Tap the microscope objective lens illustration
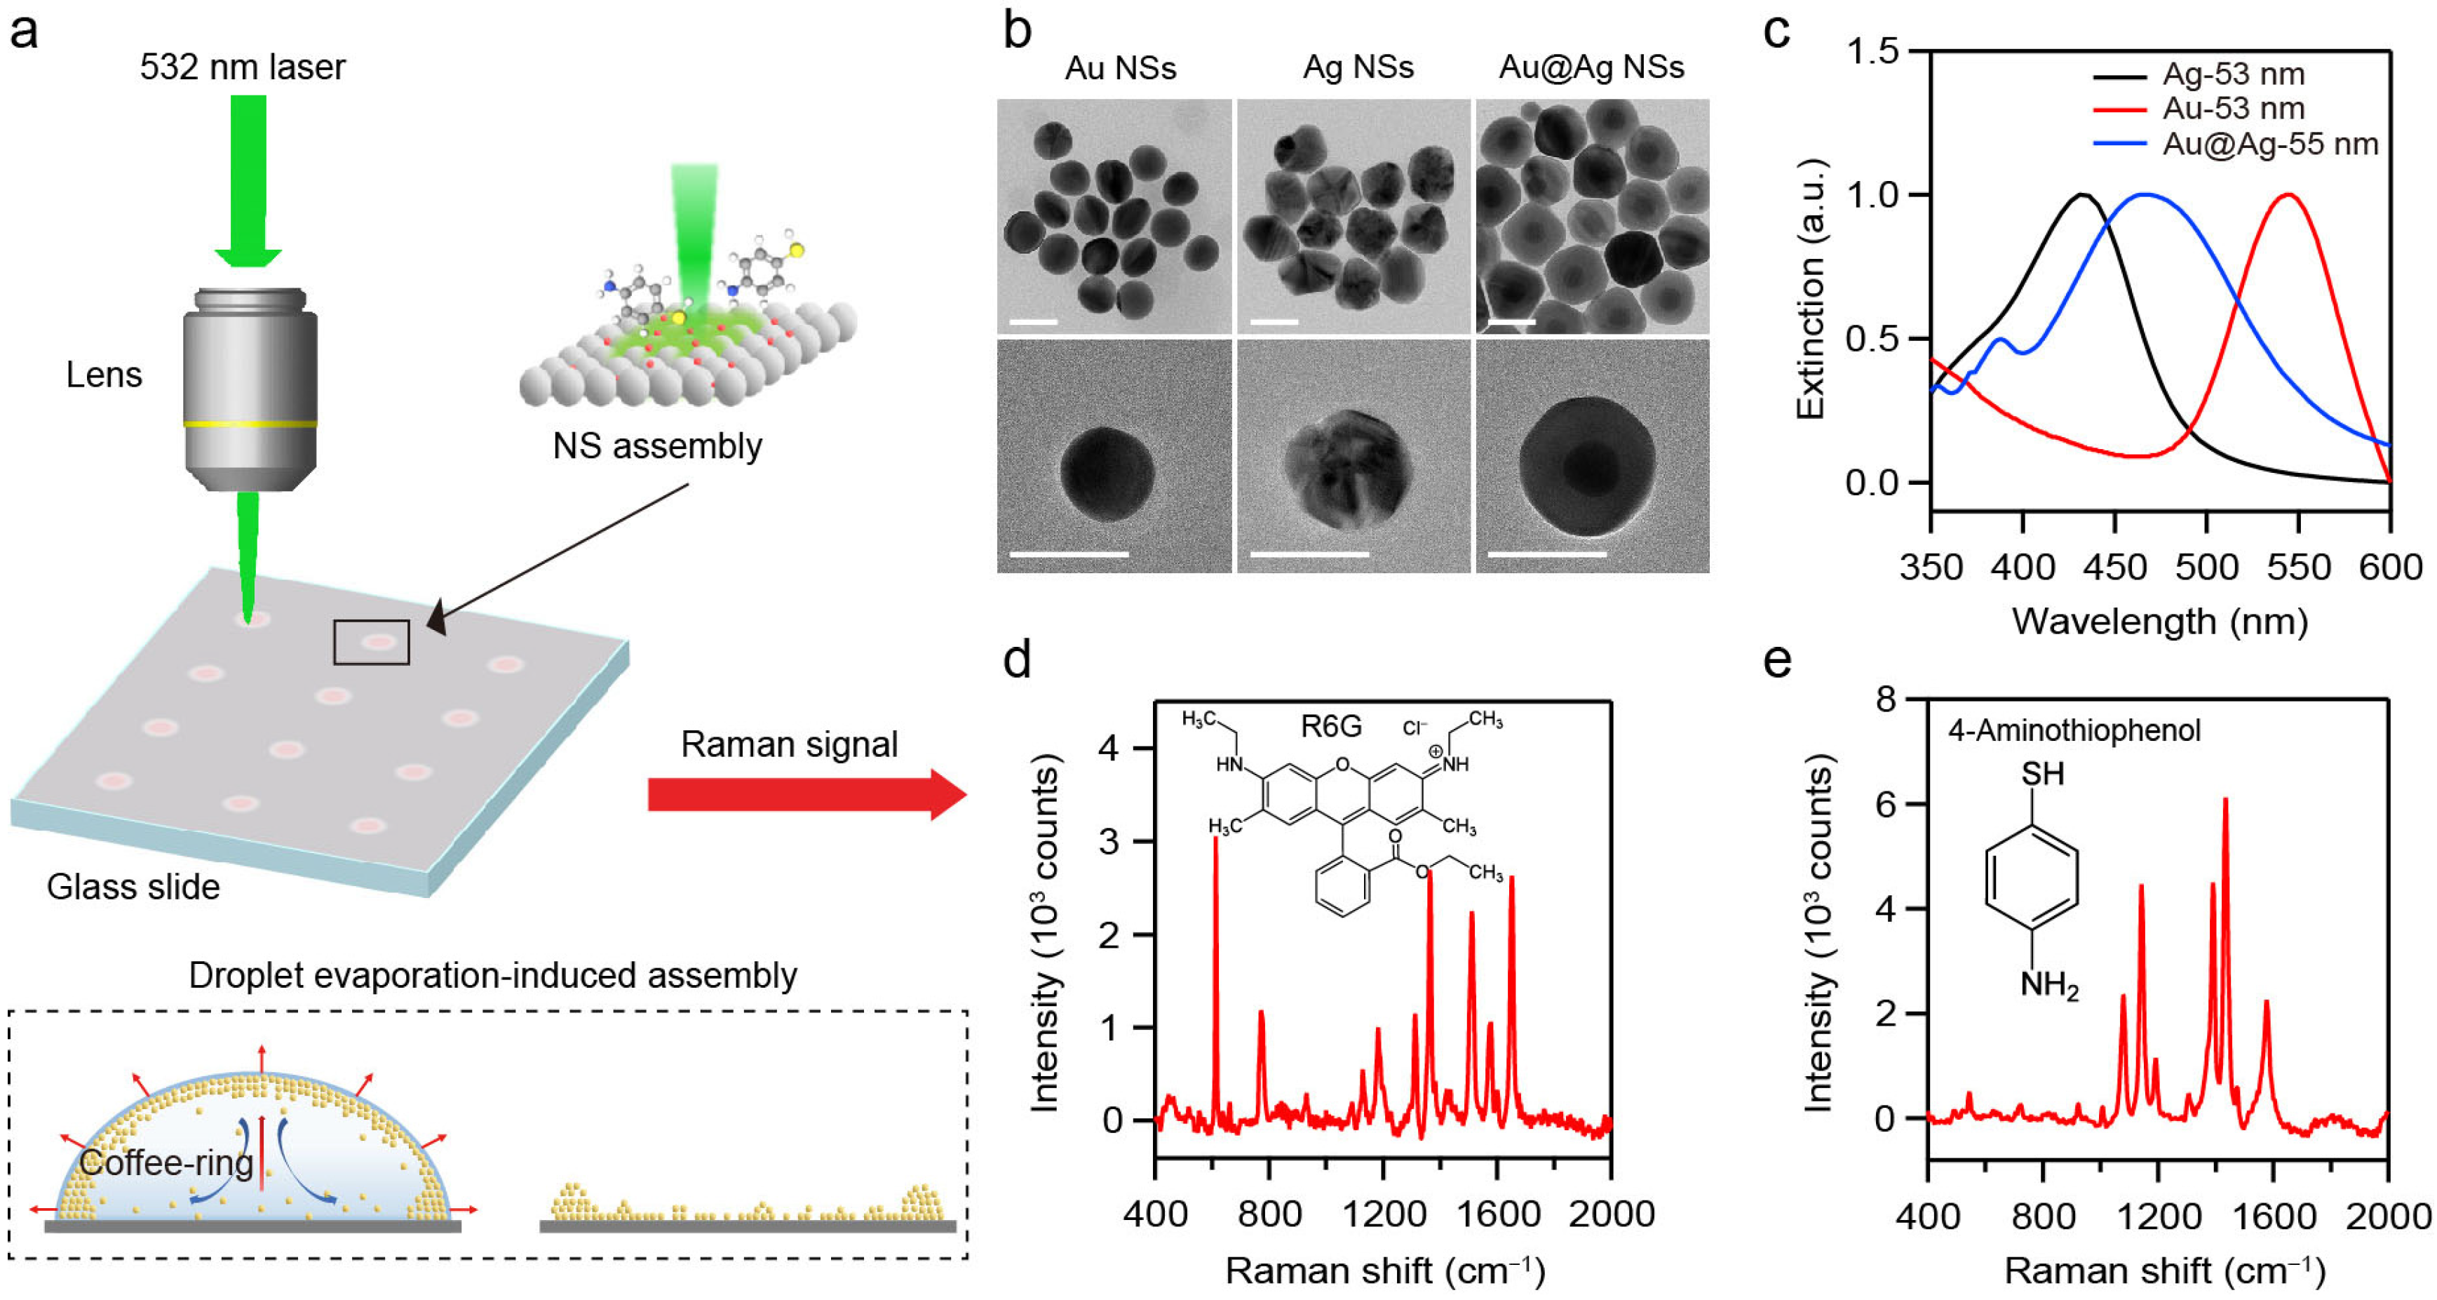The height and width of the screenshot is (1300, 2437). coord(250,388)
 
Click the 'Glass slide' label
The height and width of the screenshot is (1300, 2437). coord(133,887)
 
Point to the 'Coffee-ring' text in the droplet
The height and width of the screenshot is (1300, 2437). coord(166,1162)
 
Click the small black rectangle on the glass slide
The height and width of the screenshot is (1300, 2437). coord(371,643)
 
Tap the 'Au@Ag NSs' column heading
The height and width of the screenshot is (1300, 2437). coord(1591,67)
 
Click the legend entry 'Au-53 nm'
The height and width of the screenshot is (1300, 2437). coord(2233,108)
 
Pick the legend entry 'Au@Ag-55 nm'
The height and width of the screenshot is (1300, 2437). coord(2269,144)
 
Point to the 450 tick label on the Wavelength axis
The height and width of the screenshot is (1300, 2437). coord(2114,568)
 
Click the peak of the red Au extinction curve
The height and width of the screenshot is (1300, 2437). coord(2288,195)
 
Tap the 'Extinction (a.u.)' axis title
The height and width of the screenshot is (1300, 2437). coord(1810,288)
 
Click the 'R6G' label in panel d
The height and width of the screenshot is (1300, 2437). coord(1331,727)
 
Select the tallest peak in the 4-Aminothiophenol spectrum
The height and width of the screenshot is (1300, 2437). coord(2225,800)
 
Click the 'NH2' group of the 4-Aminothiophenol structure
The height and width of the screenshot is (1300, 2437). coord(2048,986)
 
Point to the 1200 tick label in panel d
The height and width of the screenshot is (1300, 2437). coord(1383,1214)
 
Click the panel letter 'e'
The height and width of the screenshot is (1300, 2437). coord(1776,659)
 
